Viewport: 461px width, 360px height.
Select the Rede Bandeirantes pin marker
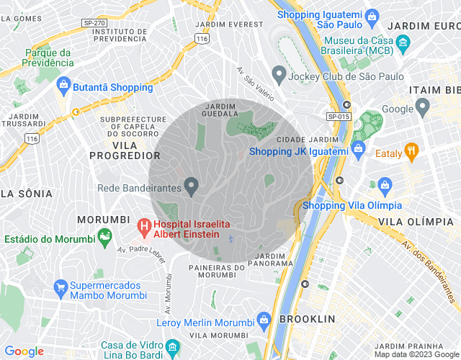[191, 188]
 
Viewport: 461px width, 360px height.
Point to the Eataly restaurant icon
[412, 152]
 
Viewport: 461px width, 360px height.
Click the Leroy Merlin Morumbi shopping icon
[264, 318]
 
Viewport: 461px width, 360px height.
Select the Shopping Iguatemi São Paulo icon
[372, 15]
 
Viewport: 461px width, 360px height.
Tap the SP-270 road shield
[94, 23]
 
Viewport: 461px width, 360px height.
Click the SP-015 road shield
[338, 116]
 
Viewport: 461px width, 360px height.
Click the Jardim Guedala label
[220, 110]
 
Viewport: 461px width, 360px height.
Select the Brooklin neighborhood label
[307, 318]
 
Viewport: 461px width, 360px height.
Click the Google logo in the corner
[24, 351]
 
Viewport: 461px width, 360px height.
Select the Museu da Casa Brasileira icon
[311, 44]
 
